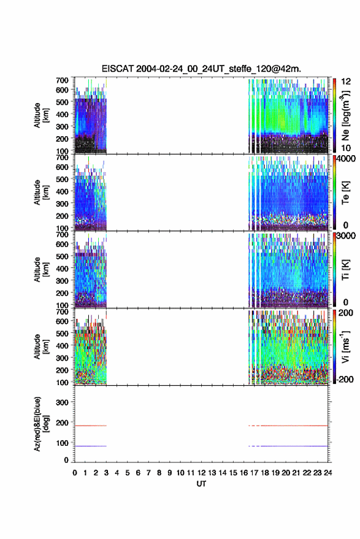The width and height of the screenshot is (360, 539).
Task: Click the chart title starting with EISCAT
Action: pos(201,69)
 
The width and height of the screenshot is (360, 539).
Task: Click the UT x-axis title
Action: pos(201,484)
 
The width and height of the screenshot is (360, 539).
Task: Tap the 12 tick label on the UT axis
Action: pos(201,473)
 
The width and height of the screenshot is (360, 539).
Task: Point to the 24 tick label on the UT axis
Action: pos(327,473)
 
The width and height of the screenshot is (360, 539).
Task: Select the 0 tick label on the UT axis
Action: pos(75,473)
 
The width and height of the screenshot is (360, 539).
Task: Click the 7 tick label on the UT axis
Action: pos(148,473)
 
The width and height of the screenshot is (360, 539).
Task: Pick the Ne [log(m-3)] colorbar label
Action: pos(345,115)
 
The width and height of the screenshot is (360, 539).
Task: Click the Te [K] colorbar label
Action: pos(345,193)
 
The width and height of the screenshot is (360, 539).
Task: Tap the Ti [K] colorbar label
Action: pos(345,270)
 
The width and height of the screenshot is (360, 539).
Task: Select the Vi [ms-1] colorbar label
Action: pos(345,346)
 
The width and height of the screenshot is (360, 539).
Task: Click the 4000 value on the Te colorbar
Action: pos(346,159)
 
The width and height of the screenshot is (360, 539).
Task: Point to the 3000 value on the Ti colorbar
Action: pos(346,236)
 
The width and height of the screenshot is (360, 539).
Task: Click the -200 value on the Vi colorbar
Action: pos(345,379)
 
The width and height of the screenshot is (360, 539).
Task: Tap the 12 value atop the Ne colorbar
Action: pos(347,82)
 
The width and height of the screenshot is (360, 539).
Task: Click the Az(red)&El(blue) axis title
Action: pos(42,424)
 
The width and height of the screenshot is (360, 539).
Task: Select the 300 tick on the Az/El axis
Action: pos(62,402)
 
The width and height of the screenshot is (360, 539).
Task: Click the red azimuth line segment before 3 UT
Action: pos(91,426)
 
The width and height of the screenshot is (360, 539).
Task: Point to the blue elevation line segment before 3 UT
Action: pos(91,446)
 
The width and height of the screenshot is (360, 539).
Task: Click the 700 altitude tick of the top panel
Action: pos(62,80)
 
